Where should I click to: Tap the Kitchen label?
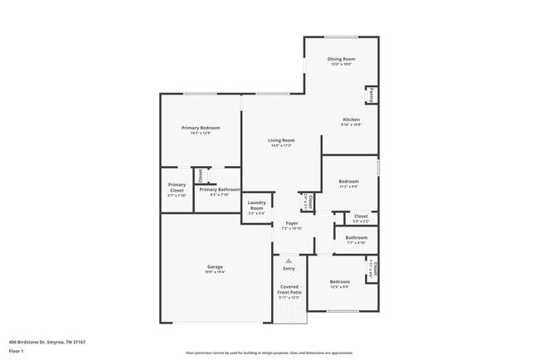pos(352,119)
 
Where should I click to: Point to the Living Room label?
pos(281,141)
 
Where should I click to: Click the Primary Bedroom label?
pos(201,128)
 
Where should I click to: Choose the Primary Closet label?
pos(177,187)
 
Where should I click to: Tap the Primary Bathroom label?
pos(219,189)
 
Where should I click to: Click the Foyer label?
pos(292,223)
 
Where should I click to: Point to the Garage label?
pos(215,267)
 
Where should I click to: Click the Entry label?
pos(289,268)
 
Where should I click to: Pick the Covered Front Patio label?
pos(289,289)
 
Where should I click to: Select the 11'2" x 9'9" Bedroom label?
pos(348,182)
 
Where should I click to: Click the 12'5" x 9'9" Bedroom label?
pos(340,282)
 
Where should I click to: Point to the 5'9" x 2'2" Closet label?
pos(361,217)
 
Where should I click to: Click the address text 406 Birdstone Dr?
pos(47,342)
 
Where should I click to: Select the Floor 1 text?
pos(17,351)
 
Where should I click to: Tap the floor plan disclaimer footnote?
pos(269,353)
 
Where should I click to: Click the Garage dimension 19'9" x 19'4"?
pos(215,272)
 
